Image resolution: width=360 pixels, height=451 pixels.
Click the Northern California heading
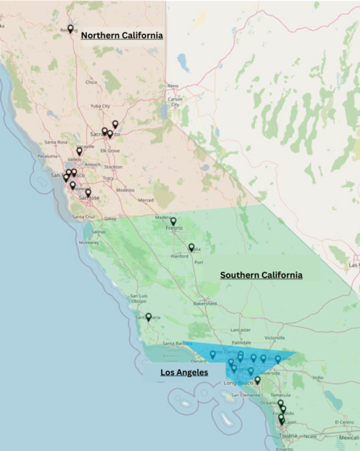(122, 35)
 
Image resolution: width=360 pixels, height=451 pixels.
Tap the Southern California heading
(261, 275)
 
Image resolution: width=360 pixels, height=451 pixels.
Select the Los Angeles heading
(184, 373)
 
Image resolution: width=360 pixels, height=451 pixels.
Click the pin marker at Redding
(70, 29)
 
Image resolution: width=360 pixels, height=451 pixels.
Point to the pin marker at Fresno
(173, 221)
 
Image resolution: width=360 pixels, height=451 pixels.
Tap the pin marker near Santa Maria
(148, 316)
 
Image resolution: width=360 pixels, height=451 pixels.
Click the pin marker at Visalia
(192, 247)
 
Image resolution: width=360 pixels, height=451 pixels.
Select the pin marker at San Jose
(88, 192)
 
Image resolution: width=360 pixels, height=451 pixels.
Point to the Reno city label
(174, 86)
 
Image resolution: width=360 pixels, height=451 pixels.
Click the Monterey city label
(89, 242)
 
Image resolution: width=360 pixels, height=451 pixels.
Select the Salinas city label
(98, 232)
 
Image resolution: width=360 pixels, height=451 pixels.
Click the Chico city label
(91, 82)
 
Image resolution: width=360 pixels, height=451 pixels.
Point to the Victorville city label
(274, 337)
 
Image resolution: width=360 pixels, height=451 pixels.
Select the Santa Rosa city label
(55, 142)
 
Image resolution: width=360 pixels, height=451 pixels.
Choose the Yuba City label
(99, 106)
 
